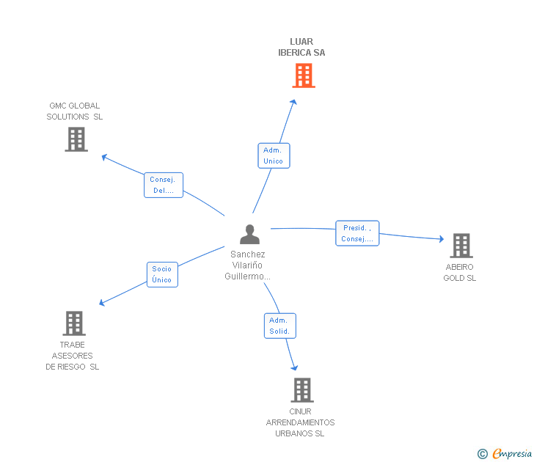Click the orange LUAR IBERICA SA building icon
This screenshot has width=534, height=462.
tap(303, 75)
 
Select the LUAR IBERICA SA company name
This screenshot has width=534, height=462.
tap(301, 48)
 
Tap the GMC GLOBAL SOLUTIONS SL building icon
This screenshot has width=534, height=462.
tap(76, 139)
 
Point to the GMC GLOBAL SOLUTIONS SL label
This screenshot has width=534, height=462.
tap(75, 111)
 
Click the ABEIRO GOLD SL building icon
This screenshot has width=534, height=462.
tap(461, 246)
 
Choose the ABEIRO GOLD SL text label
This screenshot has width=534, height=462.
tap(460, 273)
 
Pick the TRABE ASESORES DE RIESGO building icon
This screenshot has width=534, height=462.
tap(73, 323)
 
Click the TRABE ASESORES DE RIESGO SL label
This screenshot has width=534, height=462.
tap(73, 356)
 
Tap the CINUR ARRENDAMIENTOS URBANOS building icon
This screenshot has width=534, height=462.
tap(301, 389)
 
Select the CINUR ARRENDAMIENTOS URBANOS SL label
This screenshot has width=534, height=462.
tap(300, 422)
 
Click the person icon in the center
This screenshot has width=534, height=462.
tap(249, 235)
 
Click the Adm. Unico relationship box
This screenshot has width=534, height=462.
tap(274, 155)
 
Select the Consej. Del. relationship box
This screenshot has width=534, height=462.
tap(163, 185)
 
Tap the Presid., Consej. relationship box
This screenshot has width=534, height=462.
tap(357, 233)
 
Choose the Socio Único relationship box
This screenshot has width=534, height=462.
tap(161, 274)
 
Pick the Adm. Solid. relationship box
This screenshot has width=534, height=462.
tap(279, 326)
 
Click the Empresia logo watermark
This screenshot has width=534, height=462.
tap(505, 454)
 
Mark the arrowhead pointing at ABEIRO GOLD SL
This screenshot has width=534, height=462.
tap(442, 239)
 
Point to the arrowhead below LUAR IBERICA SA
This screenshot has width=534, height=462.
tap(294, 102)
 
